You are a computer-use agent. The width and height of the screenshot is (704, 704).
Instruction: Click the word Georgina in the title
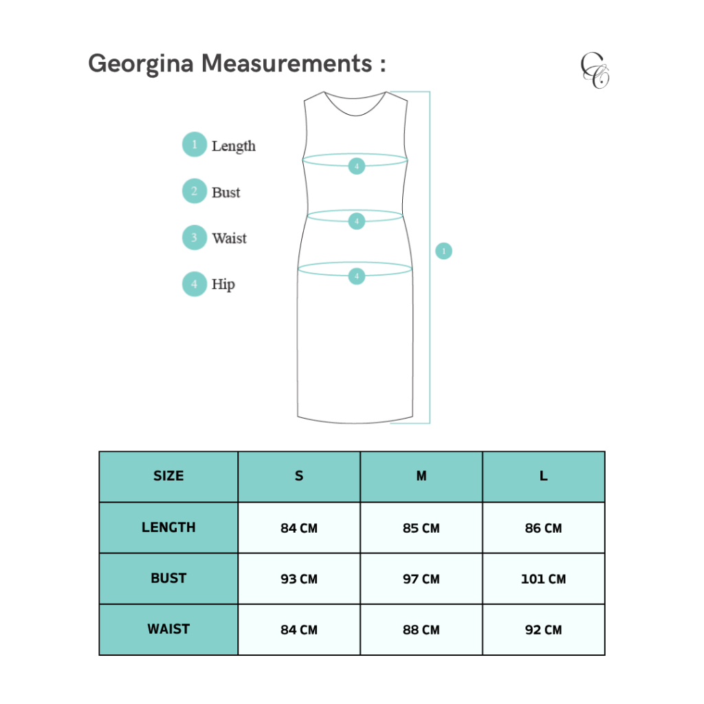click(x=142, y=64)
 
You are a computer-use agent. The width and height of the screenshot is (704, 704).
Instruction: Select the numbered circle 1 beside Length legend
click(x=195, y=145)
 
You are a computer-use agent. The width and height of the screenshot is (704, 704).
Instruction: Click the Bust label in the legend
click(x=225, y=192)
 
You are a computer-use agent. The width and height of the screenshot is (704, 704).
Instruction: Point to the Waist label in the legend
click(x=229, y=239)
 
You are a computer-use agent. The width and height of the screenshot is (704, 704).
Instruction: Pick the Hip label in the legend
click(x=223, y=285)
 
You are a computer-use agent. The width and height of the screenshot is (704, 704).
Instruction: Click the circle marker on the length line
click(x=443, y=252)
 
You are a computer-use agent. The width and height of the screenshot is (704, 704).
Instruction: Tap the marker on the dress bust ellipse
click(x=356, y=166)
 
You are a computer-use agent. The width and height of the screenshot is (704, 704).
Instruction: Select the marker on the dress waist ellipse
click(x=356, y=221)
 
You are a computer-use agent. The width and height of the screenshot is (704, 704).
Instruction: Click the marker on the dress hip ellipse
click(x=356, y=276)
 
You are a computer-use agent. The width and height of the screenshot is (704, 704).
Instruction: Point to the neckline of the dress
click(x=355, y=103)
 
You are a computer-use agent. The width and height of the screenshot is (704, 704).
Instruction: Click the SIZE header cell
click(x=168, y=476)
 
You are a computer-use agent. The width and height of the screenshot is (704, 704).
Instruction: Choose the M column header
click(x=421, y=476)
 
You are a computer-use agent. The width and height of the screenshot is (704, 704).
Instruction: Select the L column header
click(x=543, y=476)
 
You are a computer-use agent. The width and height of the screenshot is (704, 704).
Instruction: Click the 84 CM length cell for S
click(x=299, y=528)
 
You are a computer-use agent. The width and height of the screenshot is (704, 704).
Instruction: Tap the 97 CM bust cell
click(x=421, y=579)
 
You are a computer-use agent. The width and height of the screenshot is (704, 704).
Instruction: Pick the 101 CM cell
click(x=543, y=579)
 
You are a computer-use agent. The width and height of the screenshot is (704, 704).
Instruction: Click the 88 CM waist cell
click(x=421, y=630)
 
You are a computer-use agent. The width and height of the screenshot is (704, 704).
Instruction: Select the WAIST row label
click(x=168, y=629)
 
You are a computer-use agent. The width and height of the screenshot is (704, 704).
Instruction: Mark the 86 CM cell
click(x=543, y=528)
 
